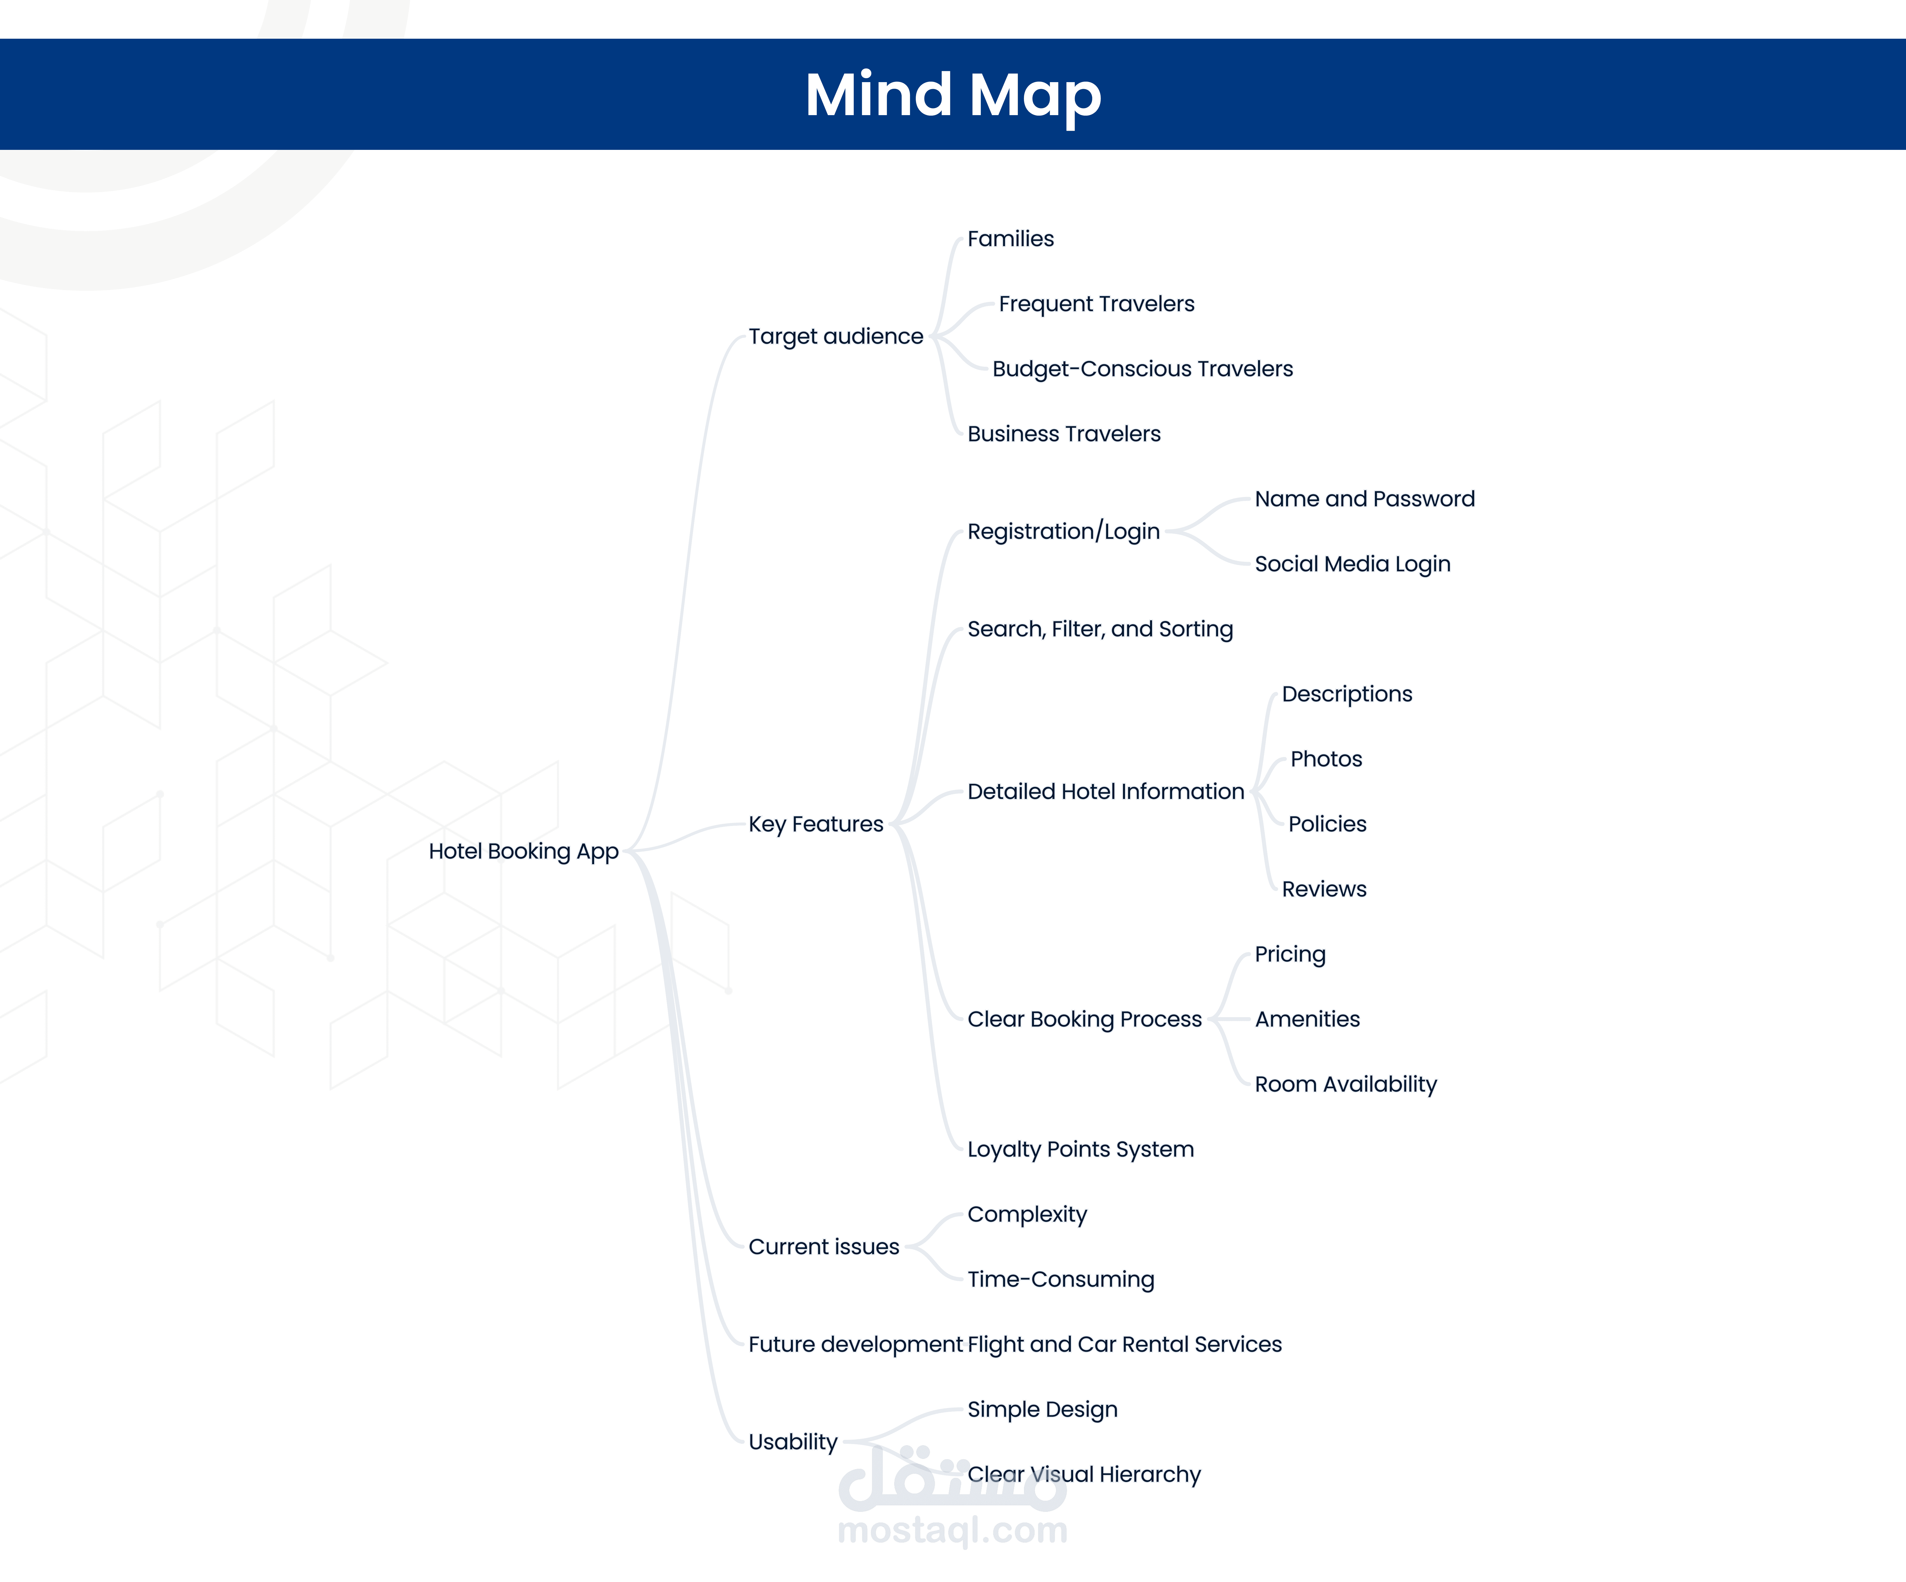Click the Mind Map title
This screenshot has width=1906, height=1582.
point(953,94)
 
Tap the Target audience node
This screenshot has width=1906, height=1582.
point(835,337)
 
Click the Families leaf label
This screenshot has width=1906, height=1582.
point(1010,239)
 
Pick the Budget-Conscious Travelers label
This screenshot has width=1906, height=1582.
point(1142,368)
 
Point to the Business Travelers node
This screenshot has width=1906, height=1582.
point(1064,434)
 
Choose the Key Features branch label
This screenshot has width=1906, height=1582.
point(815,824)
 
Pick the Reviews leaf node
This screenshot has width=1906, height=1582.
point(1323,890)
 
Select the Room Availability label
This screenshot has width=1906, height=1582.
point(1345,1085)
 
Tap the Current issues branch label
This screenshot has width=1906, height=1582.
point(823,1247)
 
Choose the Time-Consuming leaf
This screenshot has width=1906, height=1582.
point(1060,1280)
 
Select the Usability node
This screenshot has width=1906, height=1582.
point(792,1442)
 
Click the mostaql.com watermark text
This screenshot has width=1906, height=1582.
point(952,1530)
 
